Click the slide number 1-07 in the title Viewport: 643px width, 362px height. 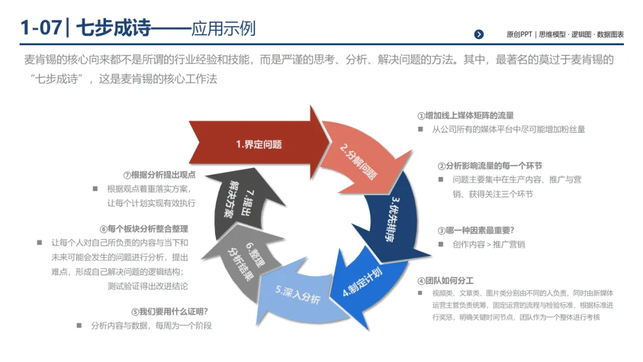[x=40, y=28]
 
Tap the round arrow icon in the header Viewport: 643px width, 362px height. [x=479, y=35]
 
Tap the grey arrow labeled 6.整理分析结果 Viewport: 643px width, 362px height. [x=243, y=263]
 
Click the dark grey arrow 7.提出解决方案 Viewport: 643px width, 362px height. [x=235, y=203]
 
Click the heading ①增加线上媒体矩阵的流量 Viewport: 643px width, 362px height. [x=465, y=116]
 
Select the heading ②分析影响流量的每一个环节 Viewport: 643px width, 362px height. [x=490, y=166]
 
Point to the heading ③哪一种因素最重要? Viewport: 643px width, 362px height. [x=476, y=230]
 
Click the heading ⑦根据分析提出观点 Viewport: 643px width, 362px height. [x=159, y=175]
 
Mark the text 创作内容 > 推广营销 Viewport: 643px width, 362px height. [x=488, y=244]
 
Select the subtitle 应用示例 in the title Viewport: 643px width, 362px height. [x=223, y=28]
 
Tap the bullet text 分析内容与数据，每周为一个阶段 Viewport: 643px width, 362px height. [x=151, y=326]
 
